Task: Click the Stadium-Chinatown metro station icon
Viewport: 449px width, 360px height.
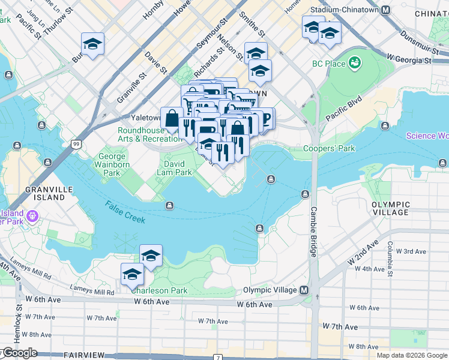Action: click(x=387, y=10)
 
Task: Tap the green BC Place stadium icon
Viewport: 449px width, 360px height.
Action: click(x=355, y=62)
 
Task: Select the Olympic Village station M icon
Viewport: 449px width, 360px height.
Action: click(x=304, y=290)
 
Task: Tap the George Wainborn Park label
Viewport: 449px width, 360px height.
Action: click(x=112, y=165)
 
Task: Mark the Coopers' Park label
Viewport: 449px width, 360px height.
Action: click(x=329, y=149)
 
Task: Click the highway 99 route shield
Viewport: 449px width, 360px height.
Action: click(x=76, y=144)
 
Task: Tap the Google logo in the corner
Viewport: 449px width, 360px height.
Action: click(x=19, y=353)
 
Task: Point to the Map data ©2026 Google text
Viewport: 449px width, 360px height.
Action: click(x=412, y=355)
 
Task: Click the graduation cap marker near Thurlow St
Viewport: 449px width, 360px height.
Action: click(x=92, y=44)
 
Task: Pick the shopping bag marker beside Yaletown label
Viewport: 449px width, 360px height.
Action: click(x=172, y=118)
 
